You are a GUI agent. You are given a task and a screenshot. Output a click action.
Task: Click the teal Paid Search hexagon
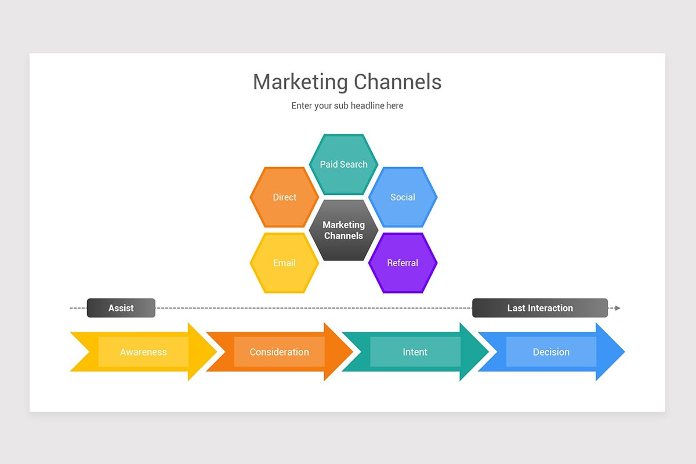click(343, 164)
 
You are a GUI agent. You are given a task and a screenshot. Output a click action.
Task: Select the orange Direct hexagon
click(284, 197)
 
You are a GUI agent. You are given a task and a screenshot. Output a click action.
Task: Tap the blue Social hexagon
click(403, 197)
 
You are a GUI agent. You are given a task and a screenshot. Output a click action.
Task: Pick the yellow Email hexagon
click(284, 263)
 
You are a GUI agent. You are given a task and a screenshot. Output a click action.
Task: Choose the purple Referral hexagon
click(403, 263)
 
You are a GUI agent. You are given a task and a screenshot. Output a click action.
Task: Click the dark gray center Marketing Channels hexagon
click(343, 230)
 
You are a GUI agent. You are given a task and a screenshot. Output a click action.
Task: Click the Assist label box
click(121, 308)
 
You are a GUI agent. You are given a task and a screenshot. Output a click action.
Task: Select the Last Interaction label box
click(539, 308)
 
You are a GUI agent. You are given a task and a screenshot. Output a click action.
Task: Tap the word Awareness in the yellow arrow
click(143, 352)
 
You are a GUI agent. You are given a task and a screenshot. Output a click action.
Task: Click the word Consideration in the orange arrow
click(279, 352)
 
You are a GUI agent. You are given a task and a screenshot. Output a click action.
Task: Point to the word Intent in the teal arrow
click(415, 352)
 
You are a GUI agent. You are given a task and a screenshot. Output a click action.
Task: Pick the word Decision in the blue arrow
click(551, 352)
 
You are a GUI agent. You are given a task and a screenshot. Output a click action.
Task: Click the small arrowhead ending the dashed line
click(618, 308)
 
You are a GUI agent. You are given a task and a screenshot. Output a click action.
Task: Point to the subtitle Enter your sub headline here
click(347, 106)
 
